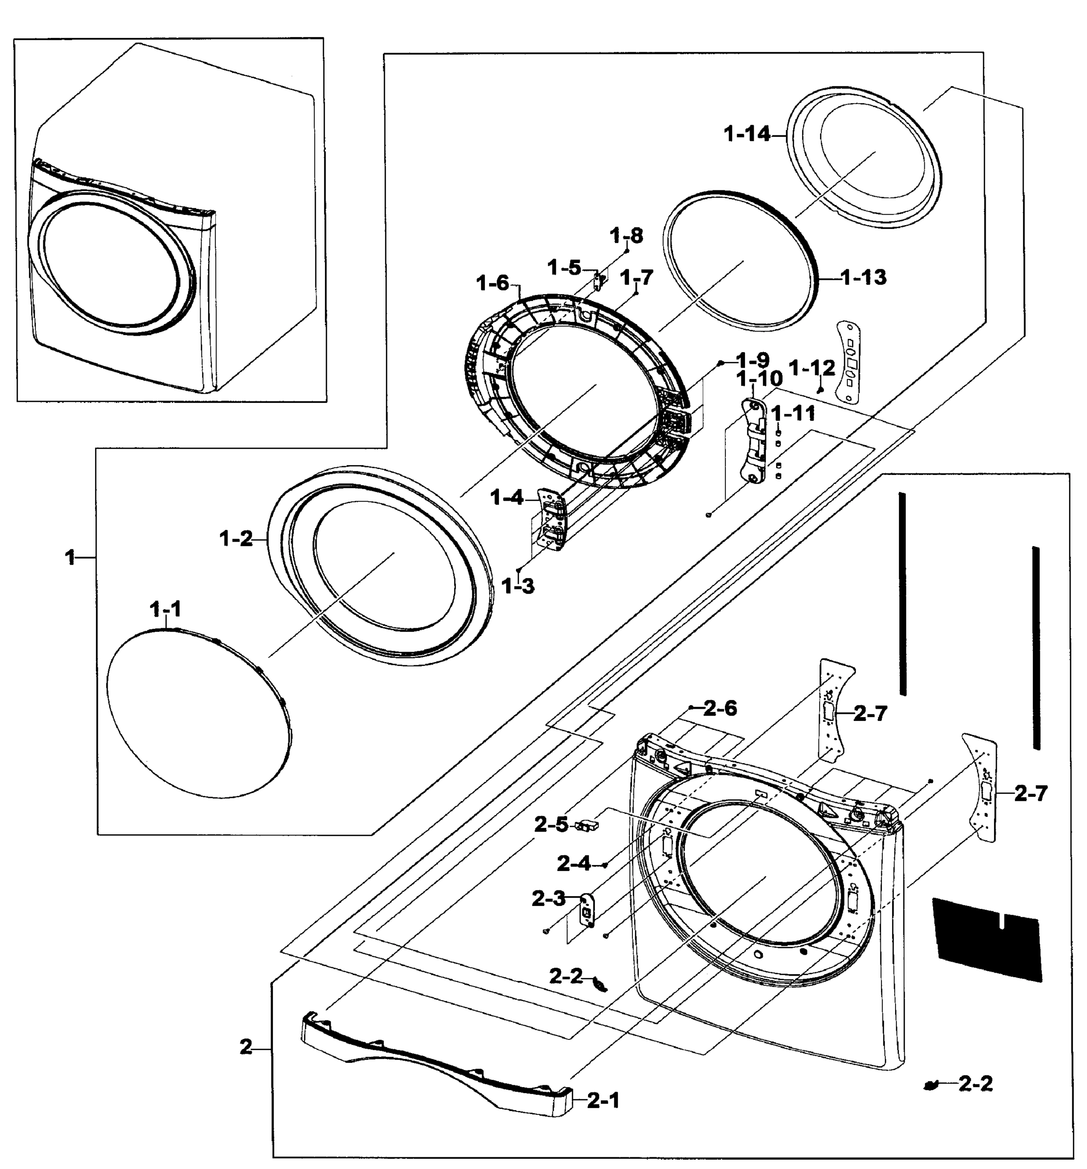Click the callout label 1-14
tap(746, 134)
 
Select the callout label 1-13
tap(863, 276)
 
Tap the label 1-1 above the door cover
tap(166, 610)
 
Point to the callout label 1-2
tap(236, 538)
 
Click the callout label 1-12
tap(812, 368)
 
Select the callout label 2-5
tap(551, 825)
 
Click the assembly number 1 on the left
tap(71, 557)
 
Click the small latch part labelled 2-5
tap(586, 826)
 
